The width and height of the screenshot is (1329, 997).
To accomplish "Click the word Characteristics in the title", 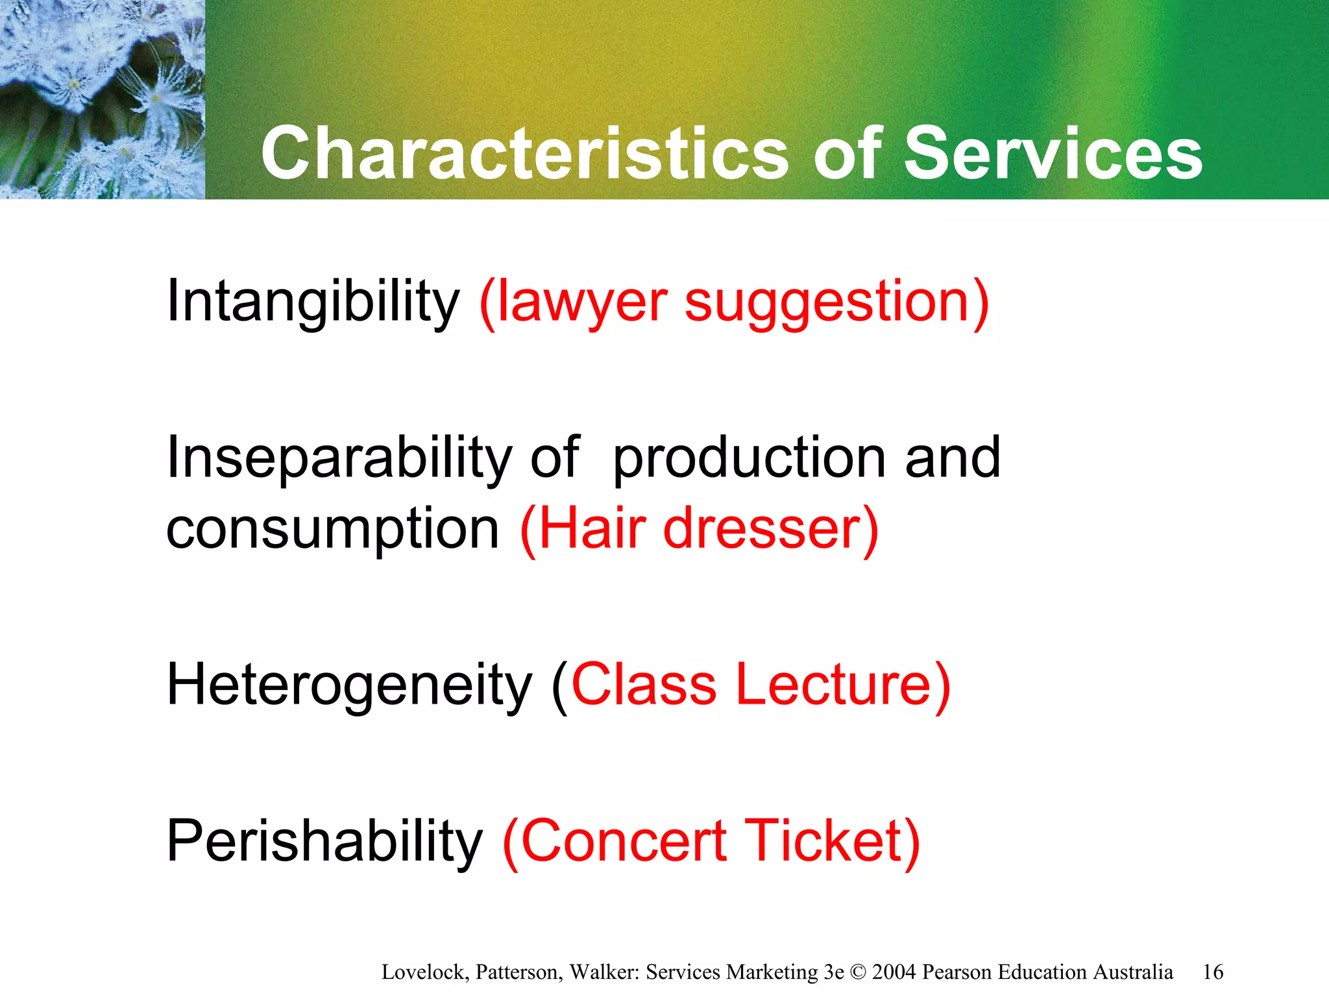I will click(524, 153).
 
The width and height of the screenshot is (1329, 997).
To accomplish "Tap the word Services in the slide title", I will click(1053, 153).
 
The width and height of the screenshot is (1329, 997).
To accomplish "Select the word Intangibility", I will click(313, 301).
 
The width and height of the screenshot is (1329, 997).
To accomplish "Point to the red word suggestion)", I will click(837, 302).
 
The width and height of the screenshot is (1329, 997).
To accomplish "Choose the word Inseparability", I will click(339, 458).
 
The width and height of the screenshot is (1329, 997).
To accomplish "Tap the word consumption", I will click(332, 530).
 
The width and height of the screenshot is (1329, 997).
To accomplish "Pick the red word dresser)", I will click(771, 530).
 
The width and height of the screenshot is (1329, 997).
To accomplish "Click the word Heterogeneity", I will click(349, 685).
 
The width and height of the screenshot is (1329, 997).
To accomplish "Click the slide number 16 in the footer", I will click(1212, 972).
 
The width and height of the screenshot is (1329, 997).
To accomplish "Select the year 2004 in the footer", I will click(894, 972).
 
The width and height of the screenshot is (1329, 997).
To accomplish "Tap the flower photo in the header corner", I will click(102, 99).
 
